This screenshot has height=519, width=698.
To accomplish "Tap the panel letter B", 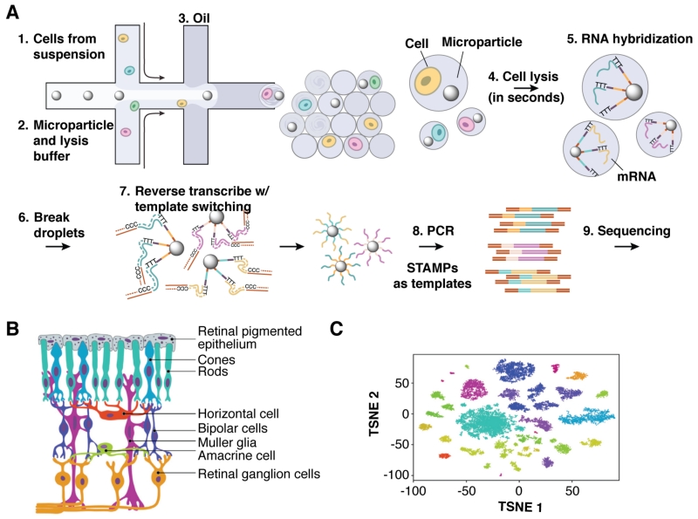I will click(x=13, y=329).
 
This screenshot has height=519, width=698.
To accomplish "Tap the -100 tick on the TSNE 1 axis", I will click(x=412, y=492).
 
